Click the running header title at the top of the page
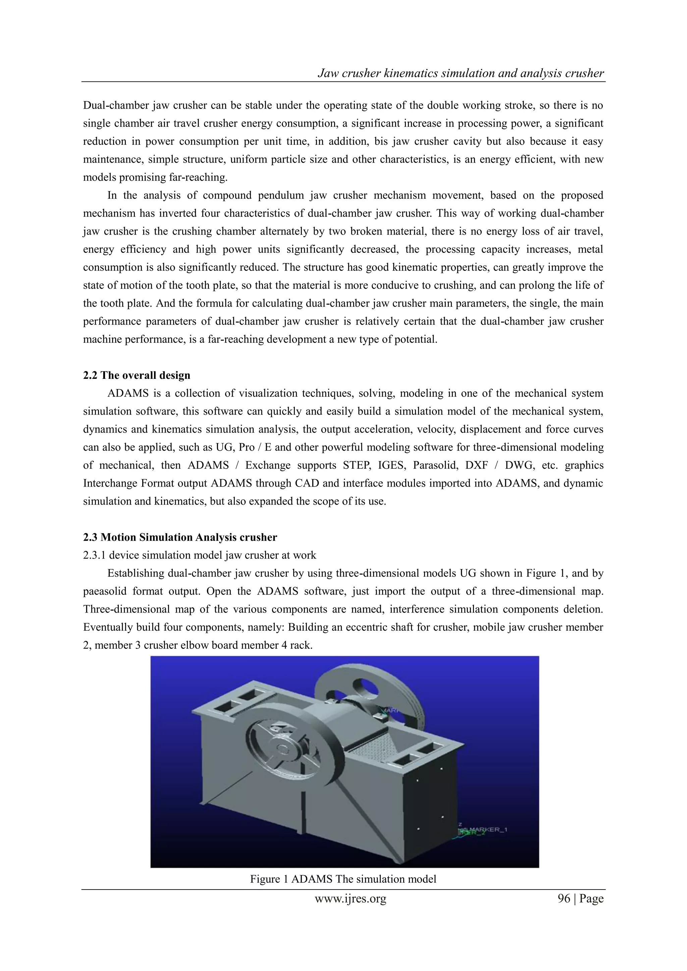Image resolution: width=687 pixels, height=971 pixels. [460, 73]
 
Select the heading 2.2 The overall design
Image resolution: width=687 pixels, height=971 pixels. [137, 376]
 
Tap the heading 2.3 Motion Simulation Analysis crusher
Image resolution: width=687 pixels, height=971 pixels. [180, 537]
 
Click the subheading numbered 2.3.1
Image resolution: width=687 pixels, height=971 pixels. [199, 555]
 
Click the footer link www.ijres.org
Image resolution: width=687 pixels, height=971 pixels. [350, 899]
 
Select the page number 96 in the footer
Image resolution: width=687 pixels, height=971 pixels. [564, 899]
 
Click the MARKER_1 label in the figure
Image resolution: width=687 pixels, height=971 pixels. [486, 830]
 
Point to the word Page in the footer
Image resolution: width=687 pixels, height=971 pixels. [591, 899]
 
